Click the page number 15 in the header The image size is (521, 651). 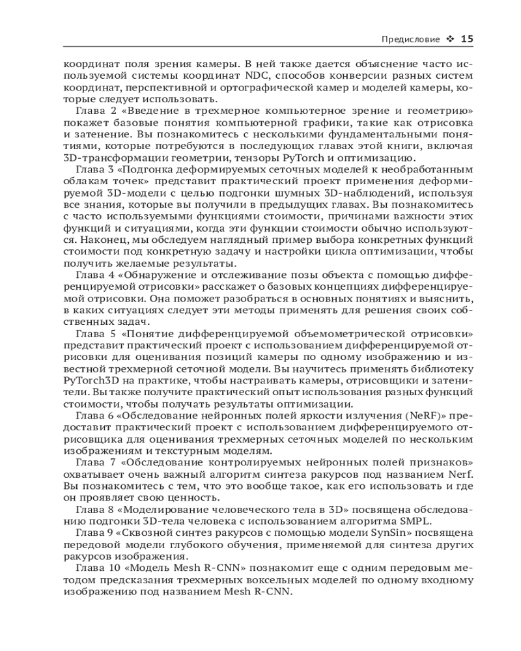point(467,39)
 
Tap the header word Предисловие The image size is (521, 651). point(411,39)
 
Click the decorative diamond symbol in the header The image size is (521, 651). point(450,39)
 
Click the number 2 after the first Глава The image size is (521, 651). point(107,111)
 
